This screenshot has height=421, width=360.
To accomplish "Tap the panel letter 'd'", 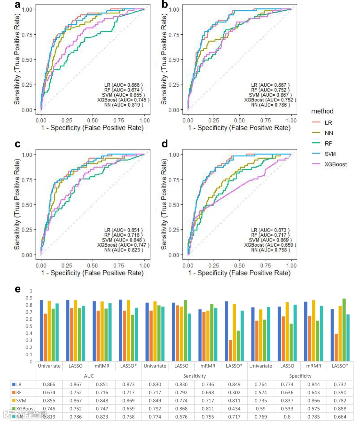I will [x=164, y=144].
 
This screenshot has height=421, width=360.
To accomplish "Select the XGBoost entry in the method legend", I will [x=335, y=164].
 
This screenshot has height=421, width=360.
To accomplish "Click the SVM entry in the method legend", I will [x=330, y=154].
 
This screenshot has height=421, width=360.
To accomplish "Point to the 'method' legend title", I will [x=322, y=111].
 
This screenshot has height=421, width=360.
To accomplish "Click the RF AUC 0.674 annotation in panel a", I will [x=123, y=90].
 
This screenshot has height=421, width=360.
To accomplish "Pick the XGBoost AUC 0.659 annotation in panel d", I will [x=270, y=245].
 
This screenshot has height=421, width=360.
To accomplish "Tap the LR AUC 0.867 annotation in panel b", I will [x=270, y=85].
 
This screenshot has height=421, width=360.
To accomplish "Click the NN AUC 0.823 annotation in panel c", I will [x=123, y=250].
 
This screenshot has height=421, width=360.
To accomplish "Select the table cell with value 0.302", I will [x=234, y=393].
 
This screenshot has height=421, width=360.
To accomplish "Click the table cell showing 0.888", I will [x=340, y=409].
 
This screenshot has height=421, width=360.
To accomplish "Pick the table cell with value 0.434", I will [x=234, y=409].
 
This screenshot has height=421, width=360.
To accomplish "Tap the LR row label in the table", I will [x=19, y=385].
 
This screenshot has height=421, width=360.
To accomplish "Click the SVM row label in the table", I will [x=21, y=401].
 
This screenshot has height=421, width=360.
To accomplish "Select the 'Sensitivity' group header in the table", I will [x=195, y=376].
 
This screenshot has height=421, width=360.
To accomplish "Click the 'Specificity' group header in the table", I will [x=300, y=376].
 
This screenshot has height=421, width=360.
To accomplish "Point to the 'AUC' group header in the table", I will [x=89, y=376].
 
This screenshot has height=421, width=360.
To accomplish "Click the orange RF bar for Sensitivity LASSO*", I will [x=230, y=350].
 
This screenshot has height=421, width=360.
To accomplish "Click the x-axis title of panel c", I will [x=92, y=273].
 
